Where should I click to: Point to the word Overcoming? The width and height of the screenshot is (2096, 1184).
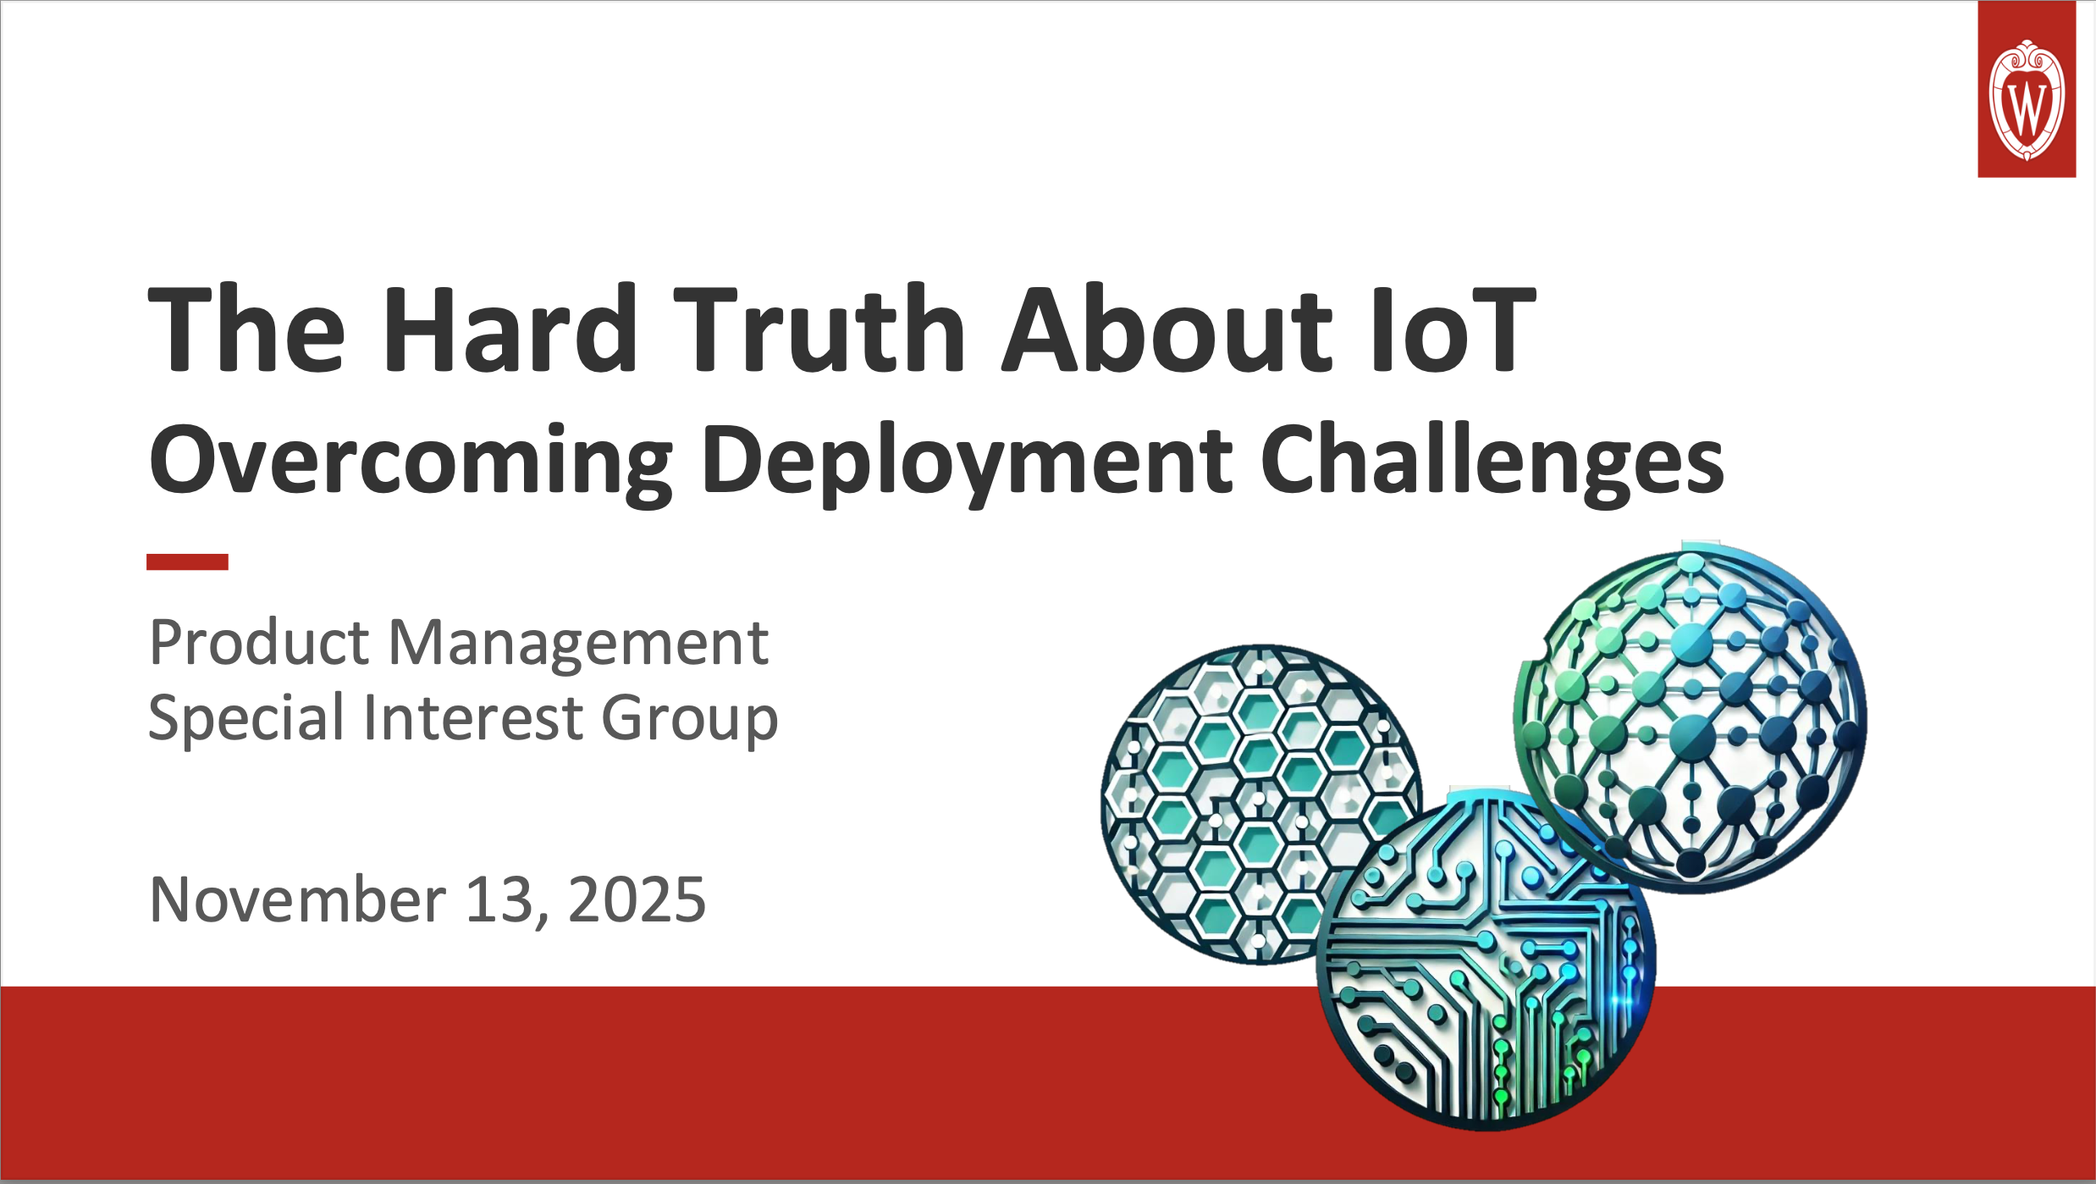coord(410,462)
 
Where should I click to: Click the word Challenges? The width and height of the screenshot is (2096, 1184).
coord(1492,462)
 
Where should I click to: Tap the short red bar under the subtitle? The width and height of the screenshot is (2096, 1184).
coord(187,562)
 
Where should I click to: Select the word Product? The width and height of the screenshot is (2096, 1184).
coord(259,643)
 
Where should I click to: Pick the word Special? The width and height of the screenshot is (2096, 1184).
coord(245,719)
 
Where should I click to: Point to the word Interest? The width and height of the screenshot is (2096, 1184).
coord(474,717)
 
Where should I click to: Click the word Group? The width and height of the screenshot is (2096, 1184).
coord(689,719)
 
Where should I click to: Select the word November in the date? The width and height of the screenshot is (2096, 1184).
coord(296,899)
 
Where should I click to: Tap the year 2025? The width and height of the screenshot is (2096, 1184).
coord(637,899)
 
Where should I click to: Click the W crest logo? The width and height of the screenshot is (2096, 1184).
coord(2027,100)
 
